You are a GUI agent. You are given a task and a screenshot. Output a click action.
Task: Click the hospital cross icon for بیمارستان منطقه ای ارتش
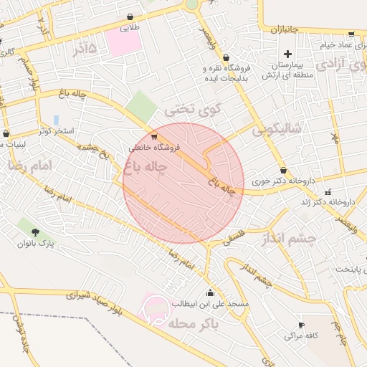(288, 54)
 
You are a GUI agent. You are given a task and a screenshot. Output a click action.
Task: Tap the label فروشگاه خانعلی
(156, 147)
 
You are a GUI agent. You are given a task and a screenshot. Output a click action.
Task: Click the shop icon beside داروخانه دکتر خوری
(285, 171)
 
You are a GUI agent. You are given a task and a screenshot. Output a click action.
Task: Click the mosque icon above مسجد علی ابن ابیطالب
(209, 292)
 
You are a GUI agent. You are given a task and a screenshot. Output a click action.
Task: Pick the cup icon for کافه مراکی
(301, 325)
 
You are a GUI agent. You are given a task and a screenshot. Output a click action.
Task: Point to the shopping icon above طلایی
(129, 17)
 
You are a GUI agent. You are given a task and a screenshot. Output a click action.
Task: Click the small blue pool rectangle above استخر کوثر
(56, 120)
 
